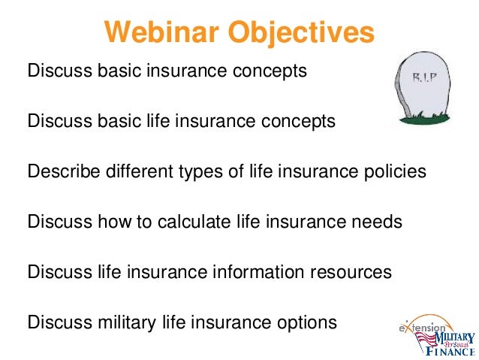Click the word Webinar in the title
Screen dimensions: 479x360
pyautogui.click(x=161, y=32)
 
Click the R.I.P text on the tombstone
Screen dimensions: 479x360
pyautogui.click(x=425, y=77)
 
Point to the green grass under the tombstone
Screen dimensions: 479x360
pyautogui.click(x=424, y=118)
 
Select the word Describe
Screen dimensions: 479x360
pyautogui.click(x=64, y=171)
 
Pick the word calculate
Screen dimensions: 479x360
pyautogui.click(x=194, y=221)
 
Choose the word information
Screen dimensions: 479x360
pyautogui.click(x=258, y=271)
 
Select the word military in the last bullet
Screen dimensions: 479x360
pyautogui.click(x=127, y=322)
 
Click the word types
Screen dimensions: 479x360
pyautogui.click(x=200, y=171)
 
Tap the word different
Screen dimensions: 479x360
pyautogui.click(x=140, y=171)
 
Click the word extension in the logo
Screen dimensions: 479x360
pyautogui.click(x=422, y=328)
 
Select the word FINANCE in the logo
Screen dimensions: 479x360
pyautogui.click(x=450, y=351)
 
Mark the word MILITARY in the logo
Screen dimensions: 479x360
pyautogui.click(x=454, y=337)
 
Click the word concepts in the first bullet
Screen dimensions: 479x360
pyautogui.click(x=270, y=71)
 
